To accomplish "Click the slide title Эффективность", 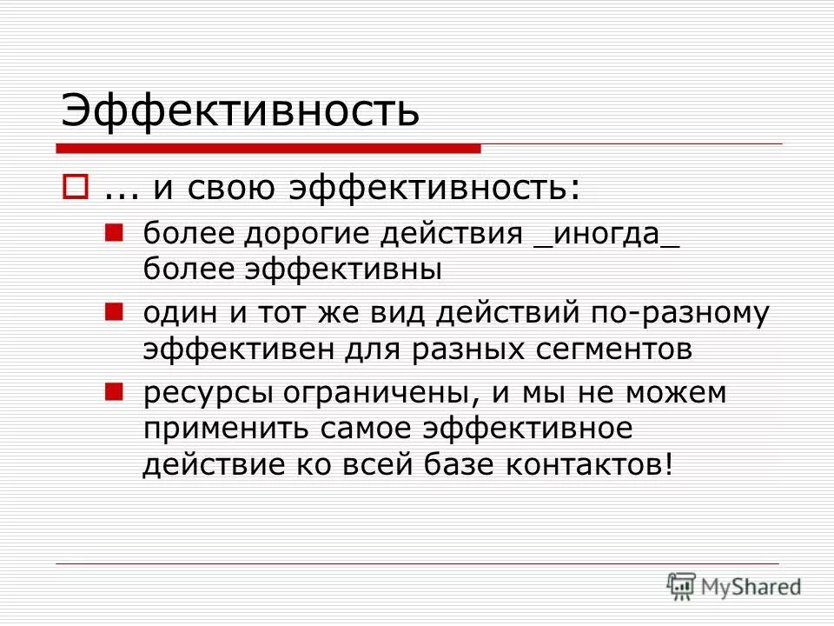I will tap(240, 112).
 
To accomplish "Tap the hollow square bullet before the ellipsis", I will tap(74, 187).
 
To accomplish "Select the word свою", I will tap(236, 189).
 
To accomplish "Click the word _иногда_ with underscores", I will tap(606, 236).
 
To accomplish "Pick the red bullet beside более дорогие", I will tap(112, 232).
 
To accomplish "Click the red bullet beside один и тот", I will tap(112, 310).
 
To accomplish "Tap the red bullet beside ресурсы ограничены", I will tap(112, 390).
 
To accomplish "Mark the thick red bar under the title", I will tap(269, 149).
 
